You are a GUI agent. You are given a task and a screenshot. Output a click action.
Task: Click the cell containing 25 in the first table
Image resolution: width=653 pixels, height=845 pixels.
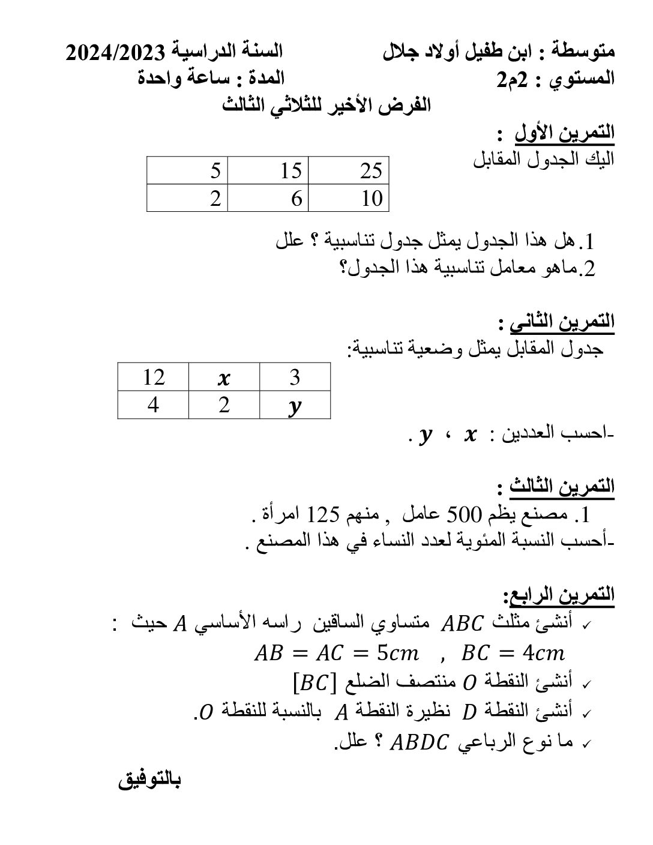349,171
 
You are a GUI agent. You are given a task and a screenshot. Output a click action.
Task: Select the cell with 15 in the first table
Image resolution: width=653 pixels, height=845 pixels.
268,171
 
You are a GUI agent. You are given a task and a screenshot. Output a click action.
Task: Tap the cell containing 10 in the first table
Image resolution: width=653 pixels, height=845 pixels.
349,198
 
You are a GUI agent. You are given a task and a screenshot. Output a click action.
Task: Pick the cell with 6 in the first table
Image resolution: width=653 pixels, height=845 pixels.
268,198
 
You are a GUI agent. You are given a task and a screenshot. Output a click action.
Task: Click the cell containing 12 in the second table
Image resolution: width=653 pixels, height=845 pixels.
154,377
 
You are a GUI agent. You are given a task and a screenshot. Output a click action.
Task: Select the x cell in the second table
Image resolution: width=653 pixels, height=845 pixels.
224,378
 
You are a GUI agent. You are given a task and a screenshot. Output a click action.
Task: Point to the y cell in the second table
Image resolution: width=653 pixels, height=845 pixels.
295,406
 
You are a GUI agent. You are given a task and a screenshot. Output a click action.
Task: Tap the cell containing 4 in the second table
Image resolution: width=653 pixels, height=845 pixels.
154,405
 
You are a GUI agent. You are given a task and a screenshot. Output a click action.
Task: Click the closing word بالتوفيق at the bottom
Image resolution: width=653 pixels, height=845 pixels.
149,781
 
